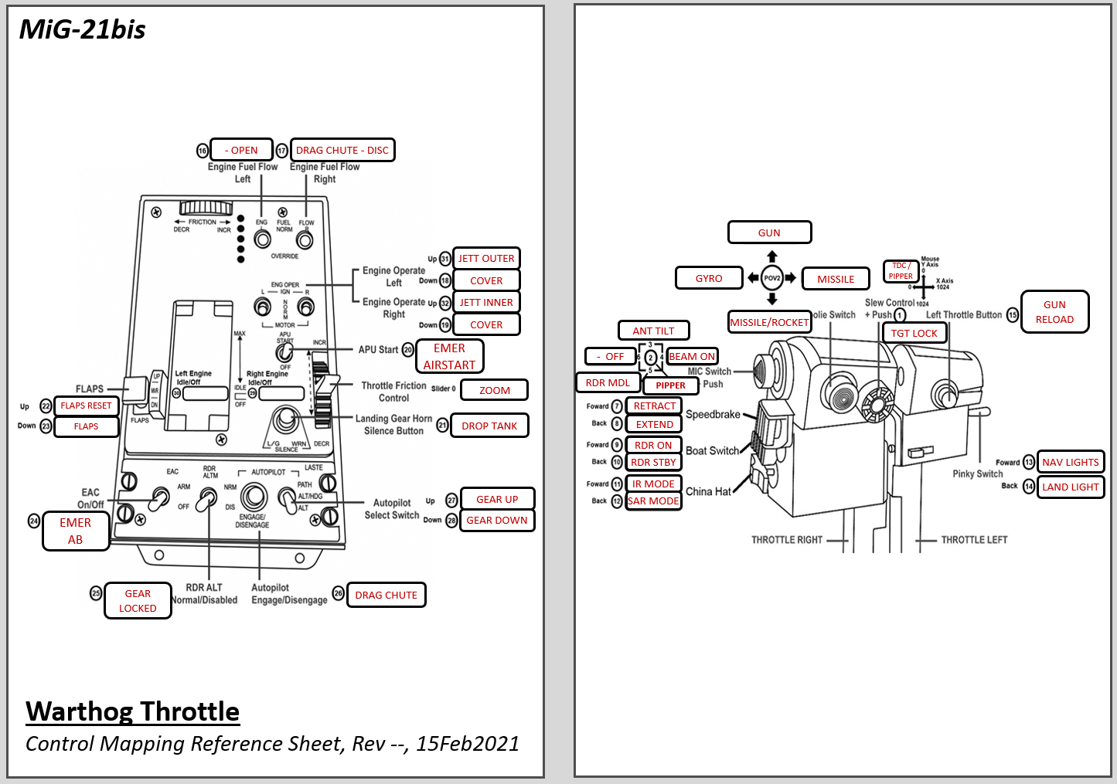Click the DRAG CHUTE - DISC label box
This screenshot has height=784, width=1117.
342,150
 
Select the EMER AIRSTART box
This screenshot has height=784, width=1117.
450,356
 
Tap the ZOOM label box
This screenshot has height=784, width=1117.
494,390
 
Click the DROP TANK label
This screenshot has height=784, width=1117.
489,426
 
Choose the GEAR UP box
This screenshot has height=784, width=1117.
497,499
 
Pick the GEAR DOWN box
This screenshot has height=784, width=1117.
497,520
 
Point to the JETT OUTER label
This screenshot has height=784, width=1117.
486,258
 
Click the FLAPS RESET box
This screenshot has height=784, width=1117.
86,406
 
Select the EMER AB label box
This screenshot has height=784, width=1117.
76,531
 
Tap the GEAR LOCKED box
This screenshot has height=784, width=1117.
138,600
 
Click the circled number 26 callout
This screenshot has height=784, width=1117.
338,593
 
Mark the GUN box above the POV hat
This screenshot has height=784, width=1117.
769,232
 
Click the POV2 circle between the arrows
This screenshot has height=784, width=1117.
772,278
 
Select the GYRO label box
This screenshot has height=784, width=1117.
709,278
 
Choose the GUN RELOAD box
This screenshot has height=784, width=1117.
1054,312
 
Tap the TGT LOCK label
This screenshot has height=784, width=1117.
914,333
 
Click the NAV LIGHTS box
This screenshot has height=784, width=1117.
1070,462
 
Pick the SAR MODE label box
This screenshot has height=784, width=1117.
653,501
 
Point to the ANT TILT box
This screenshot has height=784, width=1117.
653,331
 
